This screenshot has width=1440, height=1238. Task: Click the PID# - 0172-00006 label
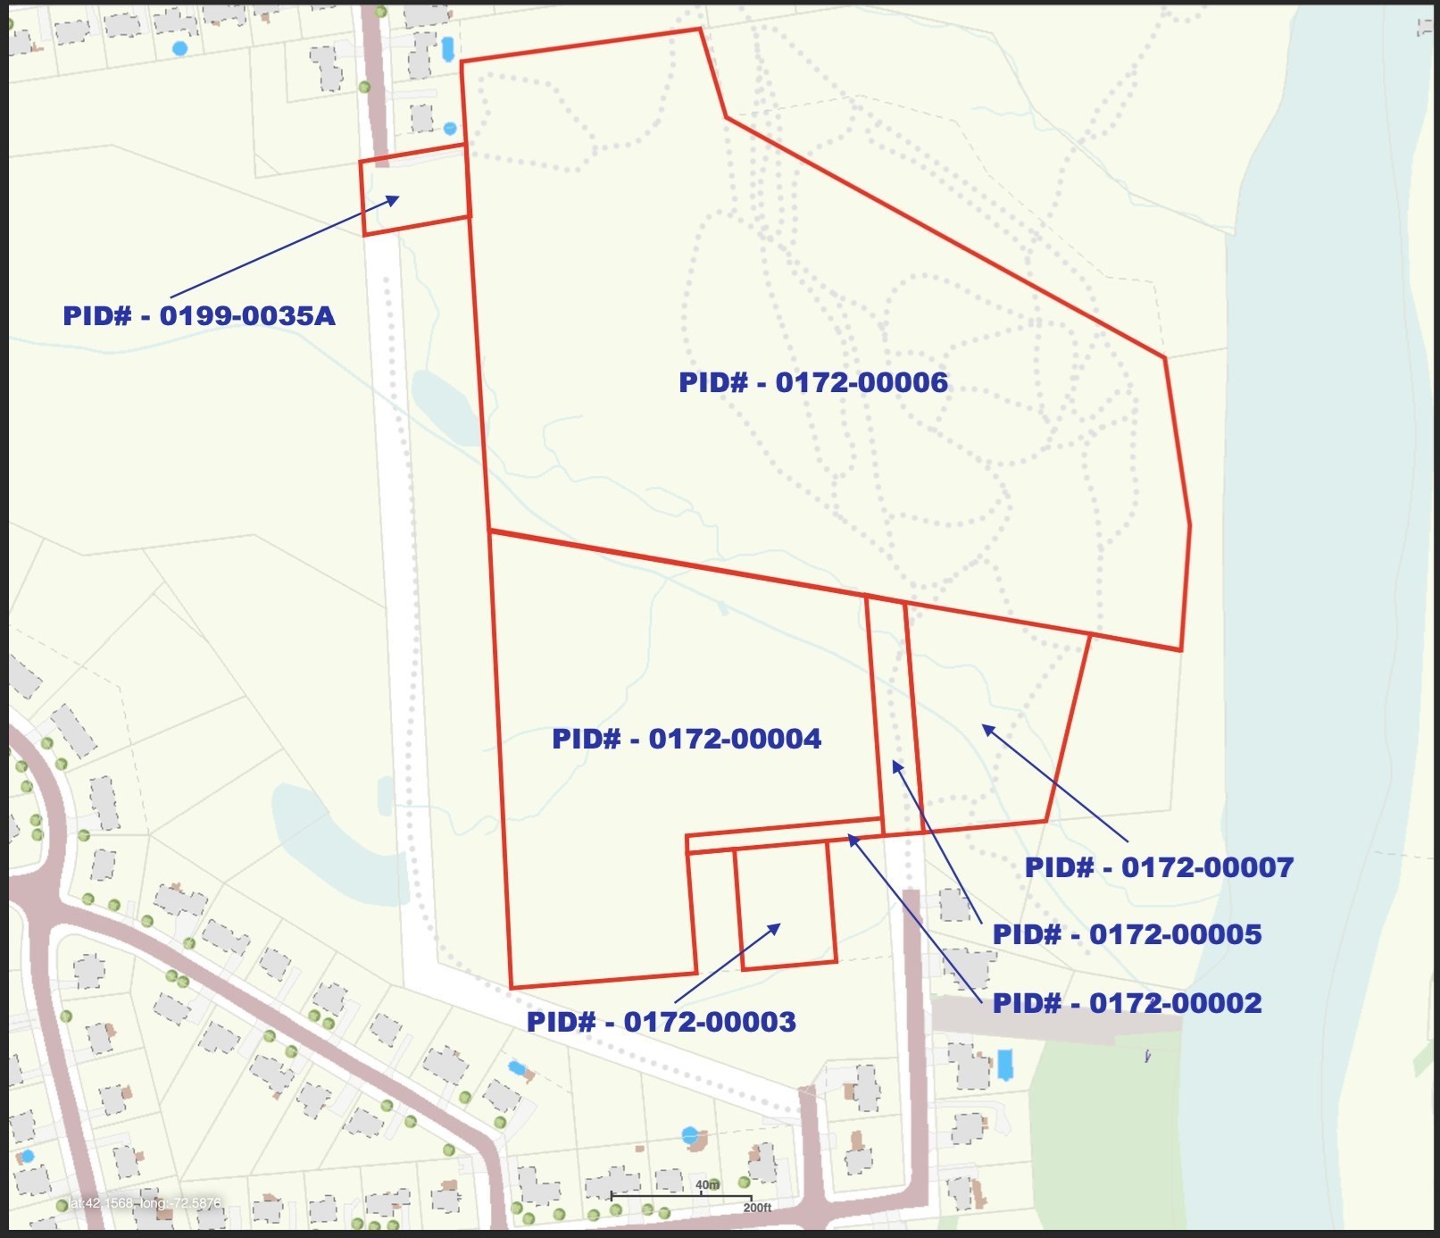tap(812, 382)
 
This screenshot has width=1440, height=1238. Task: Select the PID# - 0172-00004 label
tap(686, 739)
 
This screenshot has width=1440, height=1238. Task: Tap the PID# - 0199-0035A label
tap(199, 316)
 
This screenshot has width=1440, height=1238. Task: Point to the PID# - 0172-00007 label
tap(1158, 867)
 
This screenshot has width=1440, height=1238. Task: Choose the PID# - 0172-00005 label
tap(1127, 935)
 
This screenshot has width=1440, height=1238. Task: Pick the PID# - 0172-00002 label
tap(1127, 1003)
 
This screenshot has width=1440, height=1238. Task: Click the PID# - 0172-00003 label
tap(661, 1022)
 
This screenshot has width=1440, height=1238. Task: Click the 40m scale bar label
tap(707, 1185)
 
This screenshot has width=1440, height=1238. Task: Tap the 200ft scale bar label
tap(757, 1208)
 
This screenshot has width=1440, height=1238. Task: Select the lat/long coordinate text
tap(145, 1203)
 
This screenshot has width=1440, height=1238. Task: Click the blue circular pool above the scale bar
tap(689, 1135)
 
